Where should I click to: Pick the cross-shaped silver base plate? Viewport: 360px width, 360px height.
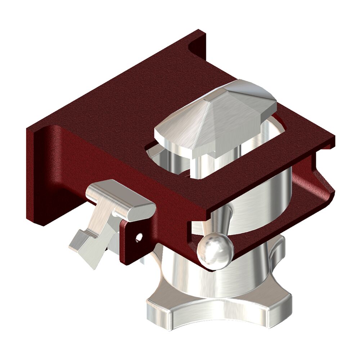[216, 310]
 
